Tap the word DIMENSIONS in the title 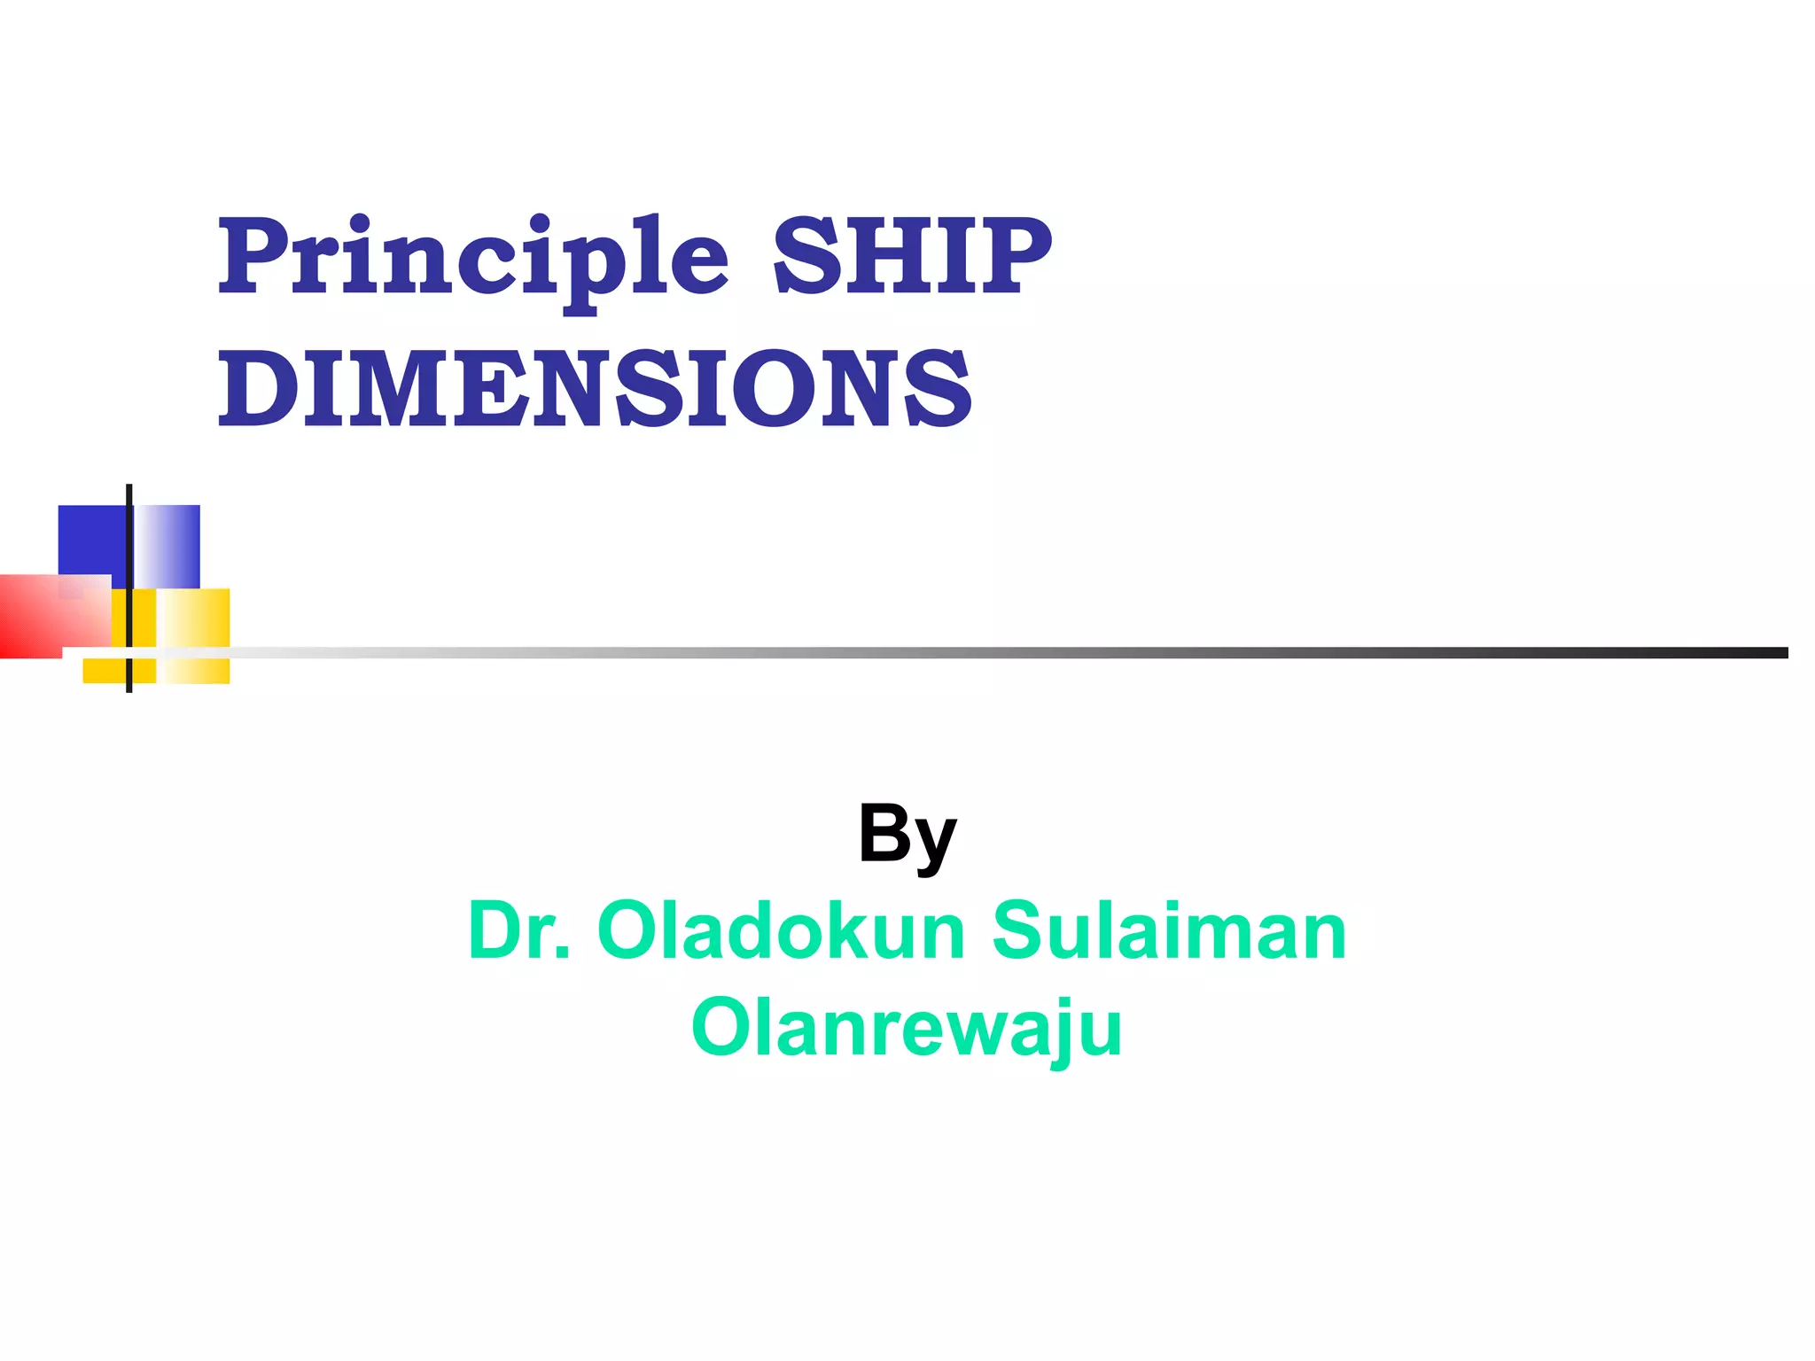pos(596,388)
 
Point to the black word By pos(907,835)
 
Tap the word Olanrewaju pos(907,1028)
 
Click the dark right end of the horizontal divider pos(1764,653)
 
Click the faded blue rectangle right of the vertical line pos(168,545)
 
